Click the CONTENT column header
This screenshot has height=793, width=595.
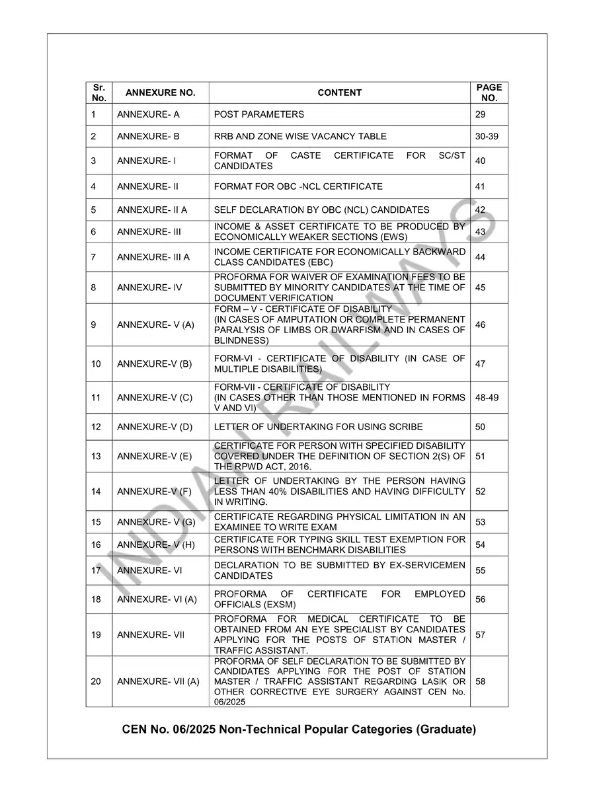tap(339, 93)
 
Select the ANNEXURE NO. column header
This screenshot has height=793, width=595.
tap(160, 93)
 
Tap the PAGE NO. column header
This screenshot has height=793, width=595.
tap(489, 93)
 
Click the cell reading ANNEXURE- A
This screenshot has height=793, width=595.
tap(148, 114)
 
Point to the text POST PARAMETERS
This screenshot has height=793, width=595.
tap(259, 114)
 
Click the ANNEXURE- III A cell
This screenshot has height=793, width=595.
tap(153, 257)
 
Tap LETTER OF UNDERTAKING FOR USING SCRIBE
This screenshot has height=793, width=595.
tap(319, 427)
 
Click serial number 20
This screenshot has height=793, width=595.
tap(97, 681)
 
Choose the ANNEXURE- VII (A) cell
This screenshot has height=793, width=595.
tap(158, 681)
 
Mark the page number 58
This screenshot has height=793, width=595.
tap(481, 681)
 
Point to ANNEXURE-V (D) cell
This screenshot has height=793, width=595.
tap(155, 427)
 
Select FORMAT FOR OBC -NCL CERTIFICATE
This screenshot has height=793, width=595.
tap(298, 186)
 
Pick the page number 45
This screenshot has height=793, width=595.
tap(481, 287)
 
